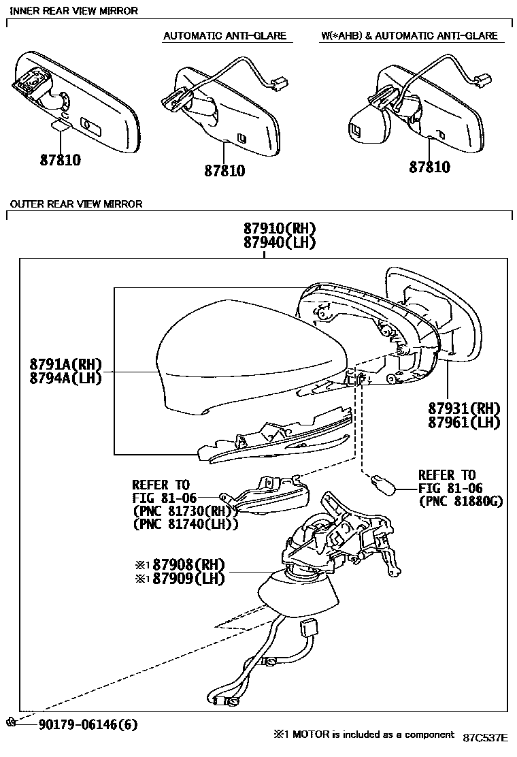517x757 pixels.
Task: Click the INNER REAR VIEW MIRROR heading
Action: (73, 11)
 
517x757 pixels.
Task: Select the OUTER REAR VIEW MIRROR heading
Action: (76, 204)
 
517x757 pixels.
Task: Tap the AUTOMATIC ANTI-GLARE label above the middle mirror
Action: (224, 35)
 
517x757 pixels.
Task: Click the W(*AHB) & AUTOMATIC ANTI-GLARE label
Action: (410, 35)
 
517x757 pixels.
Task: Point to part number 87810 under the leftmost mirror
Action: (60, 161)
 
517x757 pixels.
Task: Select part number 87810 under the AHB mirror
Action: (429, 167)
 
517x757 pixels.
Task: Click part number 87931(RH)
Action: (464, 408)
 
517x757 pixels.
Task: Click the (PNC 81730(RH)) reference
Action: (184, 511)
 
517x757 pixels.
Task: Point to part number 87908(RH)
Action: (188, 564)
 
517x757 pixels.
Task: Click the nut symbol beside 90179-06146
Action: (10, 722)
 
